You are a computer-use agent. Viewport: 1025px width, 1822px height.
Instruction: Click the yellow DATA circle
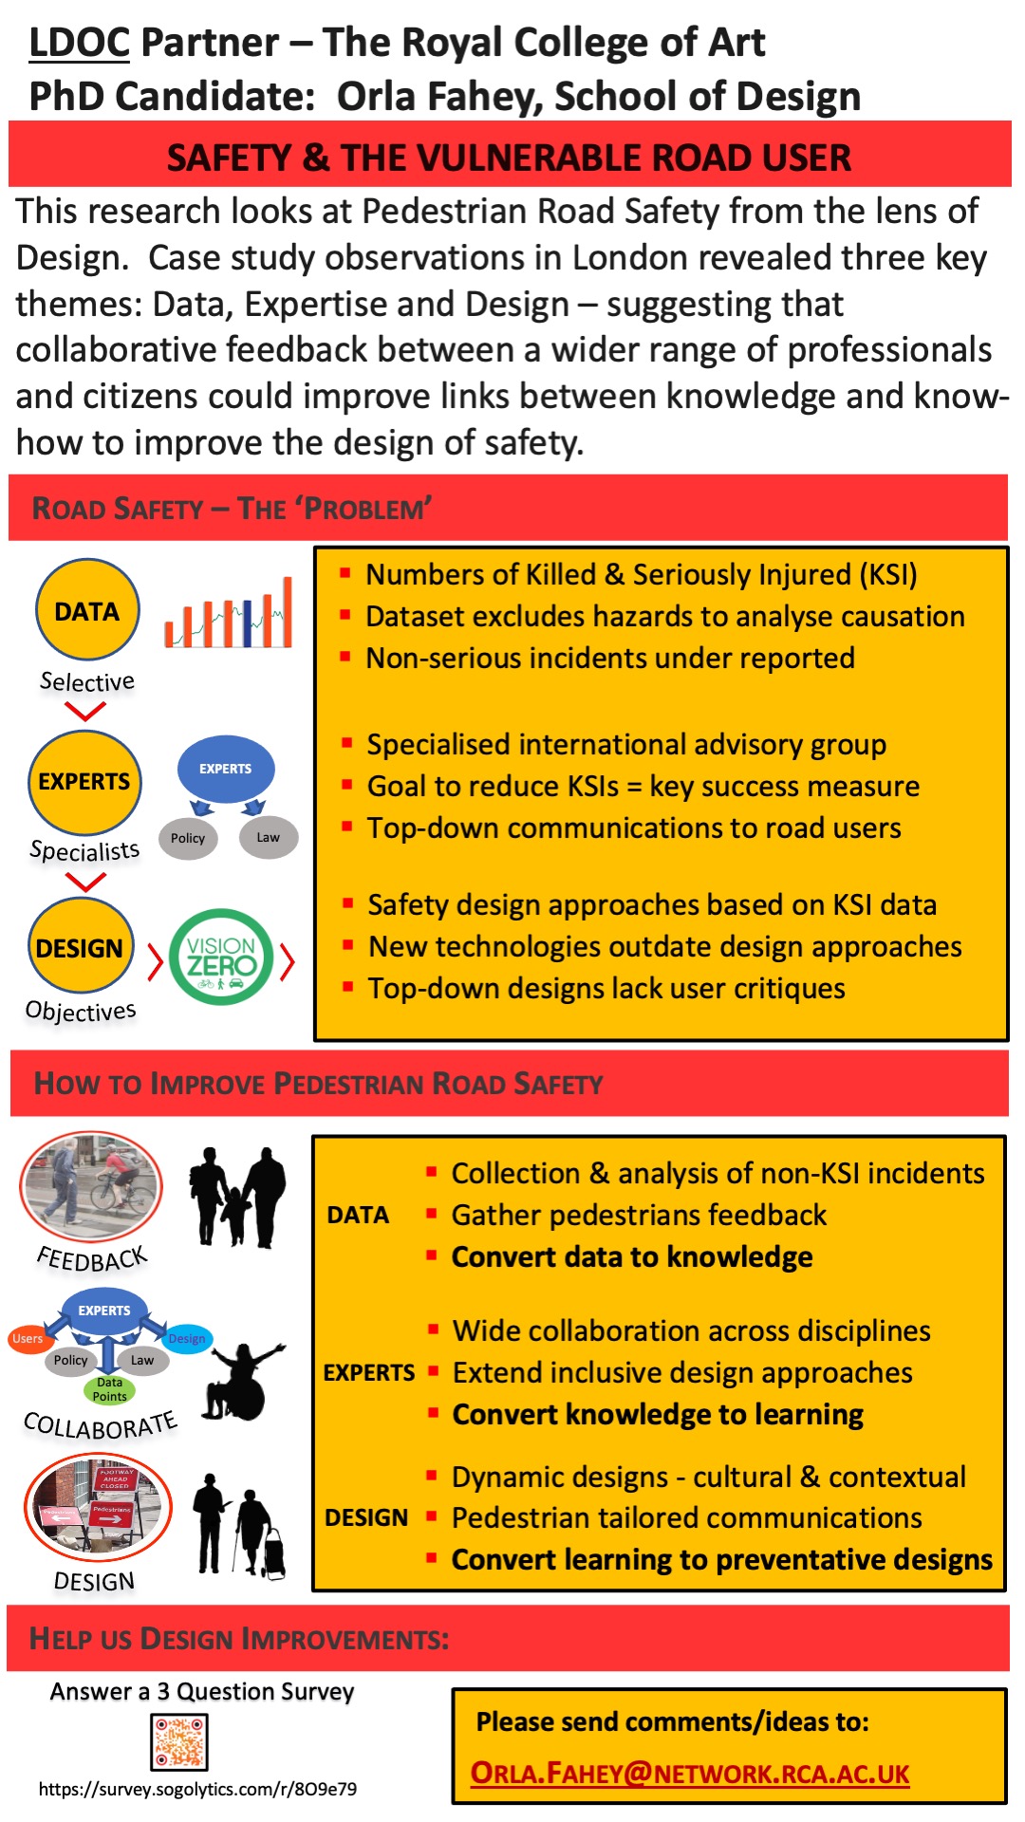[x=87, y=610]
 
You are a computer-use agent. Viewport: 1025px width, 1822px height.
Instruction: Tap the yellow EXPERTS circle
[x=84, y=782]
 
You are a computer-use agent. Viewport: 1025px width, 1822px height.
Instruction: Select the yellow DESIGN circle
[x=80, y=948]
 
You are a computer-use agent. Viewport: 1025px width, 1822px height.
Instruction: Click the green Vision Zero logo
[x=221, y=957]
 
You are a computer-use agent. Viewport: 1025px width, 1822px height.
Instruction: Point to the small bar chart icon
[x=229, y=614]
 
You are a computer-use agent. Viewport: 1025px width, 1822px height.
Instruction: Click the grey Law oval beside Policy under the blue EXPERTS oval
[x=269, y=837]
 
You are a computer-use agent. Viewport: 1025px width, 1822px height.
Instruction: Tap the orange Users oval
[x=28, y=1339]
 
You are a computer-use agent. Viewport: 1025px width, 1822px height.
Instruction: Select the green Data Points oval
[x=110, y=1389]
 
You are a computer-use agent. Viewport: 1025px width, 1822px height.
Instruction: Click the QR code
[x=179, y=1742]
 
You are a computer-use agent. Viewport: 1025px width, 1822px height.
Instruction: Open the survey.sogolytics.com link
[x=197, y=1790]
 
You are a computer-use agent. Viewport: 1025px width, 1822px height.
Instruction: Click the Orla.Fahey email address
[x=690, y=1774]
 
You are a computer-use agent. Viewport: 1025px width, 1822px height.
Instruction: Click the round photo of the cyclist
[x=91, y=1186]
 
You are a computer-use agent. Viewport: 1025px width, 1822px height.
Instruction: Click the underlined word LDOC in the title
[x=79, y=43]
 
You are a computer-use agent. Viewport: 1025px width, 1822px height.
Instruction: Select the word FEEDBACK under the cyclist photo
[x=92, y=1259]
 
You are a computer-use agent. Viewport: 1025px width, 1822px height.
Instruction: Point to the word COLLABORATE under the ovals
[x=100, y=1424]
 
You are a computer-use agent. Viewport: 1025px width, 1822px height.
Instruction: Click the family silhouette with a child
[x=237, y=1196]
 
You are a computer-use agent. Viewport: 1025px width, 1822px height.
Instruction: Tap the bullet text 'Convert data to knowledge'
[x=632, y=1257]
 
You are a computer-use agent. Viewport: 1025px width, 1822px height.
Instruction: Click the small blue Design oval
[x=187, y=1339]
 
